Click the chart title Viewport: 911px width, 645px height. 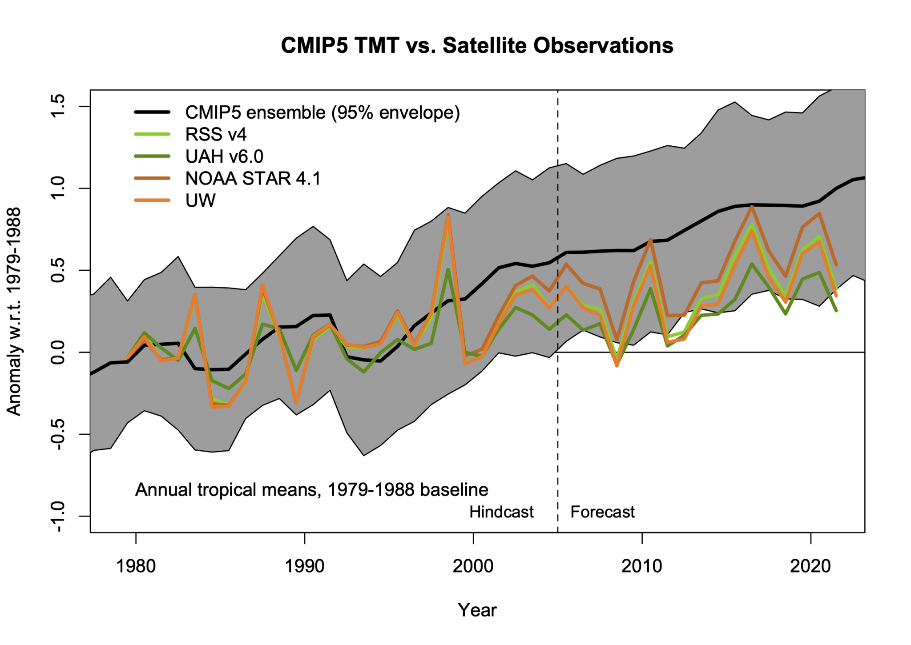tap(477, 45)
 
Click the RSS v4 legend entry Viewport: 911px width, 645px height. tap(216, 134)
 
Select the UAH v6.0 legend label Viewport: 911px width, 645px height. tap(224, 156)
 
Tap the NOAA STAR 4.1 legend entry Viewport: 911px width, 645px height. tap(253, 178)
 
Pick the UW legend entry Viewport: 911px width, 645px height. tap(200, 200)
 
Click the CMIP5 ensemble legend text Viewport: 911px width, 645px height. tap(322, 112)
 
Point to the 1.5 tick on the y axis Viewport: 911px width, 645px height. tap(58, 106)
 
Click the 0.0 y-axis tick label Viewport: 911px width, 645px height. tap(58, 352)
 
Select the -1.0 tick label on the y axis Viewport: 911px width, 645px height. tap(58, 517)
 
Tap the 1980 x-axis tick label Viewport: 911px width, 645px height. tap(136, 566)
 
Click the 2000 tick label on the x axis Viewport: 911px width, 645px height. tap(473, 566)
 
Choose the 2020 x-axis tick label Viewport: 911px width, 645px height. tap(810, 566)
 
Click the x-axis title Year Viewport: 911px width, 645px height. tap(477, 610)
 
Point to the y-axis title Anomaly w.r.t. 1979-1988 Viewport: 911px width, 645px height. tap(14, 311)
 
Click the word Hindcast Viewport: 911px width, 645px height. tap(501, 512)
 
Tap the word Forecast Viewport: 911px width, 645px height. tap(602, 512)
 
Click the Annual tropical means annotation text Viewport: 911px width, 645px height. tap(311, 490)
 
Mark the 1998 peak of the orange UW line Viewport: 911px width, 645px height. tap(448, 216)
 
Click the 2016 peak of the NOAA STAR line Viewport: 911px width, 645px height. tap(751, 206)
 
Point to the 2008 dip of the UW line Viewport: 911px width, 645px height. tap(617, 366)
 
